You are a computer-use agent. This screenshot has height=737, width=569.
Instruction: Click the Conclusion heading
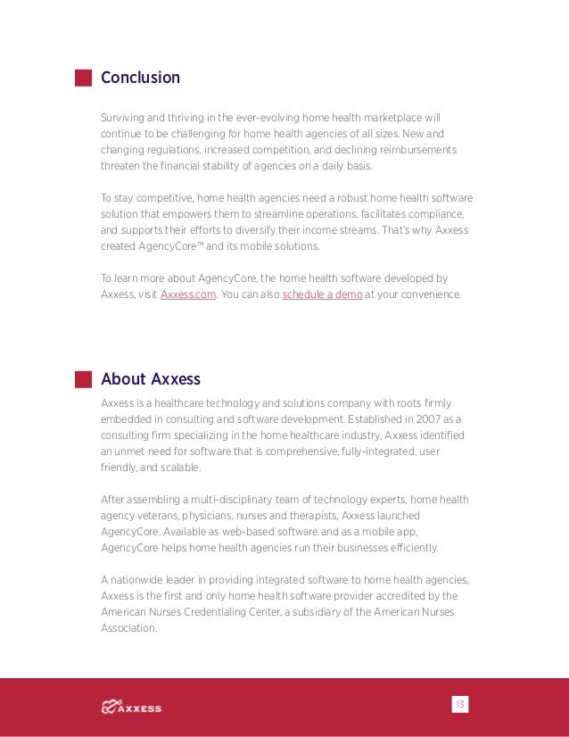pos(140,78)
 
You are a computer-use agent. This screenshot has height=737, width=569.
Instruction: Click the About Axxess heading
pos(150,378)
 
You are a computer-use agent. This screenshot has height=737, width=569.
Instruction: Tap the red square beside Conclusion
pos(83,78)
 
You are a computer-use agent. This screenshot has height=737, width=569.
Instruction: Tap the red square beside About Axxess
pos(83,378)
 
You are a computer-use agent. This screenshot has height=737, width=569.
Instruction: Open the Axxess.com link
pos(188,294)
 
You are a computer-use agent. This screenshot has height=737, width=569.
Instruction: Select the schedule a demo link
pos(322,294)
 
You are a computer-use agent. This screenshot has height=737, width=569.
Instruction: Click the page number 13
pos(460,704)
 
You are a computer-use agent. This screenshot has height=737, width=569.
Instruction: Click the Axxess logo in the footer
pos(132,708)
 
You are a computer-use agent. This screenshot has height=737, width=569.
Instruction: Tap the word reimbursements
pos(418,150)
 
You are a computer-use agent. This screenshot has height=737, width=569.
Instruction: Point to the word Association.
pos(129,628)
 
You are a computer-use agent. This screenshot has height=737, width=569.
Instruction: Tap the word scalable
pos(178,468)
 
